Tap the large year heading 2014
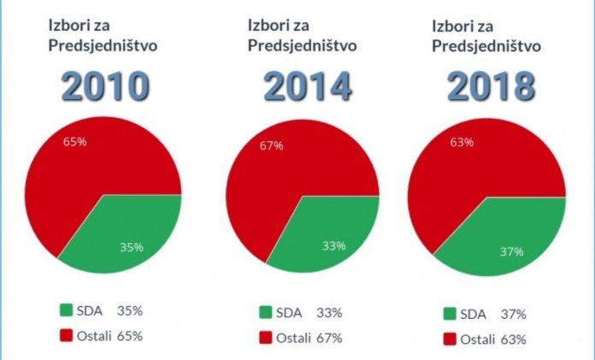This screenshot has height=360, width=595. tap(307, 86)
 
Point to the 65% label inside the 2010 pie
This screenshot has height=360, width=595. tap(74, 140)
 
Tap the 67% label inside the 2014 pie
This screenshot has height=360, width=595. tap(271, 145)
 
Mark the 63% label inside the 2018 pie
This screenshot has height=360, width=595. tap(462, 142)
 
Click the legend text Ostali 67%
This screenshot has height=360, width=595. tap(309, 339)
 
